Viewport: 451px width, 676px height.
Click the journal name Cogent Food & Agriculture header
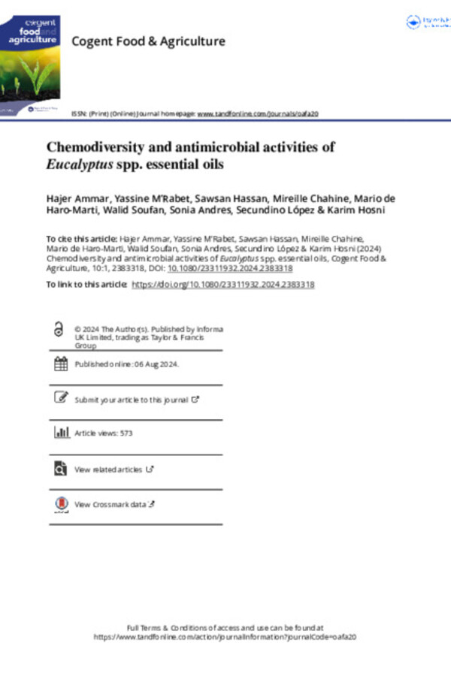point(147,41)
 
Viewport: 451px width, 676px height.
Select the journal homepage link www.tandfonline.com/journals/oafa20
point(258,113)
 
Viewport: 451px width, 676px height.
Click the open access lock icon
point(59,330)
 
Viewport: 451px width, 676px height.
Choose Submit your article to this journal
point(132,400)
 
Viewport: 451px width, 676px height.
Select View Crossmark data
point(110,505)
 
